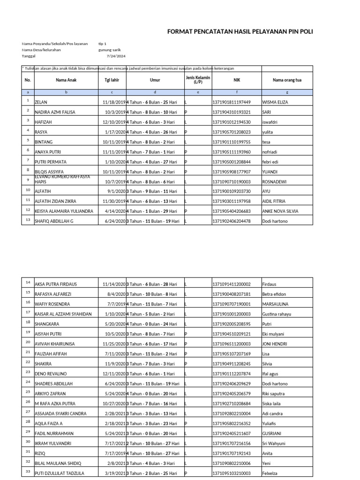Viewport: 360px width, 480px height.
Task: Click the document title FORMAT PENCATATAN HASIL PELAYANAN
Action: [x=240, y=31]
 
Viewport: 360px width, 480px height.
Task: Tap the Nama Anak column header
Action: [x=66, y=80]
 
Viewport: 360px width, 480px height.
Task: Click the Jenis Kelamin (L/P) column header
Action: [x=197, y=80]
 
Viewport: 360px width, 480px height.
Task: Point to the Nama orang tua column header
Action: [x=287, y=80]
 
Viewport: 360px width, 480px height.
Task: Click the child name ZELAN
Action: [x=41, y=102]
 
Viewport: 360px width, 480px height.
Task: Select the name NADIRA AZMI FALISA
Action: [x=55, y=112]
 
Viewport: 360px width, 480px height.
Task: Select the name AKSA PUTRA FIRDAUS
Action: [x=56, y=284]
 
